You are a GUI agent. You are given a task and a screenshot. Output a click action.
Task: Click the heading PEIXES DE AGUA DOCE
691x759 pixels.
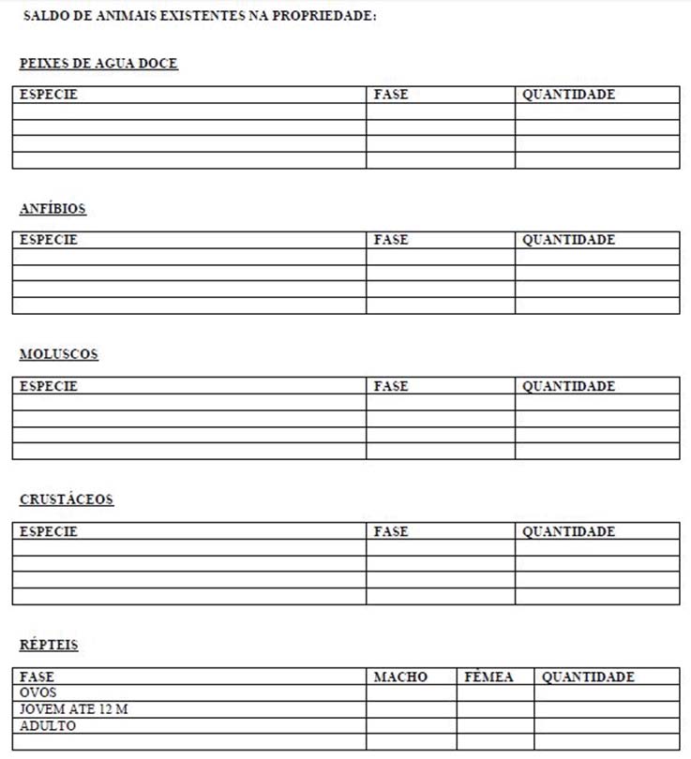tap(98, 64)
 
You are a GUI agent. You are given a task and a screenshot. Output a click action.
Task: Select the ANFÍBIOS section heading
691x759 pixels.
tap(53, 209)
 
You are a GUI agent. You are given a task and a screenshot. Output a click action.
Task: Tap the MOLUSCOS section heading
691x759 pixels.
tap(59, 354)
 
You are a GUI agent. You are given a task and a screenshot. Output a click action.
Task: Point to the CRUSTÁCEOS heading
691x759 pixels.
tap(67, 499)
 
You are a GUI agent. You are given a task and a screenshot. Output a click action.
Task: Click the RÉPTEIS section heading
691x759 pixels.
tap(49, 645)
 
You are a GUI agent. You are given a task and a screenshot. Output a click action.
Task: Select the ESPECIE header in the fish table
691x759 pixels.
tap(49, 95)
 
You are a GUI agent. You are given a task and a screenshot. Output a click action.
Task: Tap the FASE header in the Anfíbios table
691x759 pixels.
tap(391, 240)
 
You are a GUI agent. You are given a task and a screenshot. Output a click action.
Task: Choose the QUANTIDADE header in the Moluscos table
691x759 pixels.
tap(568, 386)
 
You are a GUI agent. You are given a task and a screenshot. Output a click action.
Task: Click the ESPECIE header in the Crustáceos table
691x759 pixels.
tap(49, 531)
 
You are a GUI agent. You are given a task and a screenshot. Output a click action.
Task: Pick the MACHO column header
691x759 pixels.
tap(400, 677)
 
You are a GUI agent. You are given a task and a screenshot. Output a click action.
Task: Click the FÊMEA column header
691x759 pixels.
tap(489, 677)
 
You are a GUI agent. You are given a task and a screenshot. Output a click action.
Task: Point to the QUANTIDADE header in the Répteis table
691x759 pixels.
tap(588, 677)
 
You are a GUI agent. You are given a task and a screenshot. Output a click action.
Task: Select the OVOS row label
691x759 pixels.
tap(38, 692)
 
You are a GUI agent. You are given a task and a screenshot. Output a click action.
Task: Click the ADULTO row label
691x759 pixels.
tap(48, 725)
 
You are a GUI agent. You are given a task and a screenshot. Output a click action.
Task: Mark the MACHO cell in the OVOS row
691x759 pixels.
tap(412, 693)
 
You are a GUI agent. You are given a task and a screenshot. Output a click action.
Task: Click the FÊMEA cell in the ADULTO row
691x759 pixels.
tap(495, 726)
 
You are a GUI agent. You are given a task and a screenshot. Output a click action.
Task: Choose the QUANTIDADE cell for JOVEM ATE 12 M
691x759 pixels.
tap(607, 709)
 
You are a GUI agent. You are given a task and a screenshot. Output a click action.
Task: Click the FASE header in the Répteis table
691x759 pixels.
tap(38, 677)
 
